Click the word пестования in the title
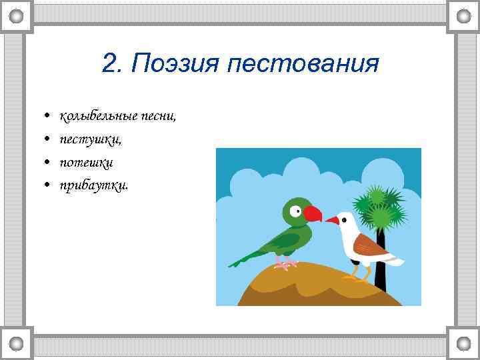pyautogui.click(x=303, y=65)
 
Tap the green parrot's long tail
pyautogui.click(x=246, y=257)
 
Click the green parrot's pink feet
pyautogui.click(x=285, y=265)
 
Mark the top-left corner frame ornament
pyautogui.click(x=17, y=16)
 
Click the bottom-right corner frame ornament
pyautogui.click(x=463, y=343)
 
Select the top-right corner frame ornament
pyautogui.click(x=463, y=16)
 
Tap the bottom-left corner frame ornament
pyautogui.click(x=17, y=343)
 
